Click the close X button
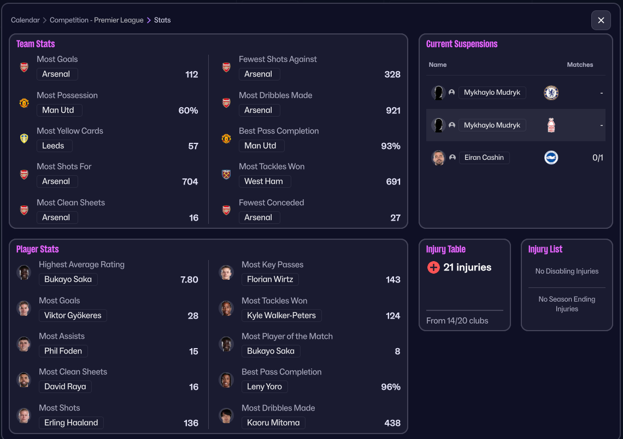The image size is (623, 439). point(601,20)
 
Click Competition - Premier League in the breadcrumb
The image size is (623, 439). point(96,20)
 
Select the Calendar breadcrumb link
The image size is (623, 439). point(25,20)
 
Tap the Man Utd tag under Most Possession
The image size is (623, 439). point(59,110)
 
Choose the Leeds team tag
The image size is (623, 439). point(54,146)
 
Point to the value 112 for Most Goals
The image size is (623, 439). point(191,74)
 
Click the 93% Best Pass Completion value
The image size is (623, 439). point(390,146)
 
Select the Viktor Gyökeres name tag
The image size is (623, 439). point(73,315)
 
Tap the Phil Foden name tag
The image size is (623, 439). point(63,351)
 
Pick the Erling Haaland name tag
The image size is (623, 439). point(71,423)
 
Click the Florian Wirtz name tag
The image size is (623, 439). point(270,279)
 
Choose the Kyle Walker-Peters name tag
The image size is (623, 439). point(281,315)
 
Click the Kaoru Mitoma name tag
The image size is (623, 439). point(273,423)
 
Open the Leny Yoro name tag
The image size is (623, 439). point(265,386)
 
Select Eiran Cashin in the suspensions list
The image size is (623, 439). point(484,158)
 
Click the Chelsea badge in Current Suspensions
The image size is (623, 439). point(551,93)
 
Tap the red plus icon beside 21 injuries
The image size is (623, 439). point(433,268)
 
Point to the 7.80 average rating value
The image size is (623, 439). point(189,280)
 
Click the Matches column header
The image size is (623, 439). point(580,65)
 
